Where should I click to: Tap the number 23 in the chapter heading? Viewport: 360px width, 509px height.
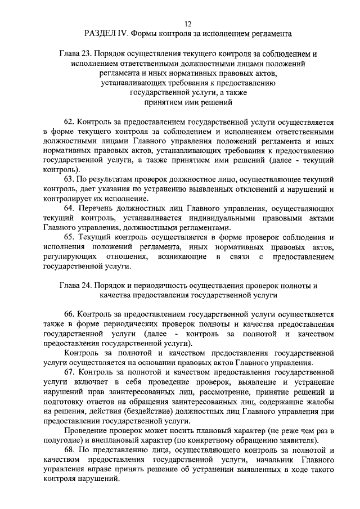click(84, 54)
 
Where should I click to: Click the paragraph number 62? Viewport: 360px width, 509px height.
click(69, 121)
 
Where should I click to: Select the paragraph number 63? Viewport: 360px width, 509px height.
click(69, 179)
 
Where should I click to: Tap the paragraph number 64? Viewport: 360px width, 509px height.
click(69, 208)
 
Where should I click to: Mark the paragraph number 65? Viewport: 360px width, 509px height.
click(69, 237)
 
